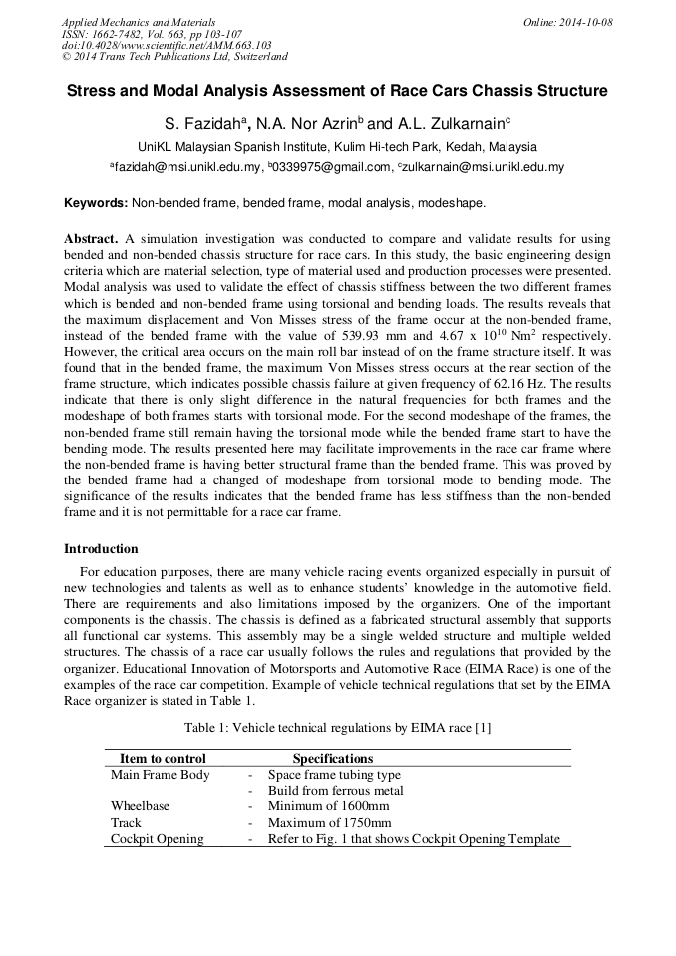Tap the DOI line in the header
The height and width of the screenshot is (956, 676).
(166, 45)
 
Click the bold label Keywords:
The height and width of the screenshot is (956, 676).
(96, 203)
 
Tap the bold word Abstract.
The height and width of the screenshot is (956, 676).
(91, 240)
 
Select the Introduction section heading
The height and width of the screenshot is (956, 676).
(101, 548)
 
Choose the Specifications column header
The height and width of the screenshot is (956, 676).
(332, 759)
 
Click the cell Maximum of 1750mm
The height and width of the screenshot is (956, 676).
(329, 823)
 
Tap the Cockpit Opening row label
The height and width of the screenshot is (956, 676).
(157, 839)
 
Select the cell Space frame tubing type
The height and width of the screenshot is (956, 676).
(334, 775)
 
